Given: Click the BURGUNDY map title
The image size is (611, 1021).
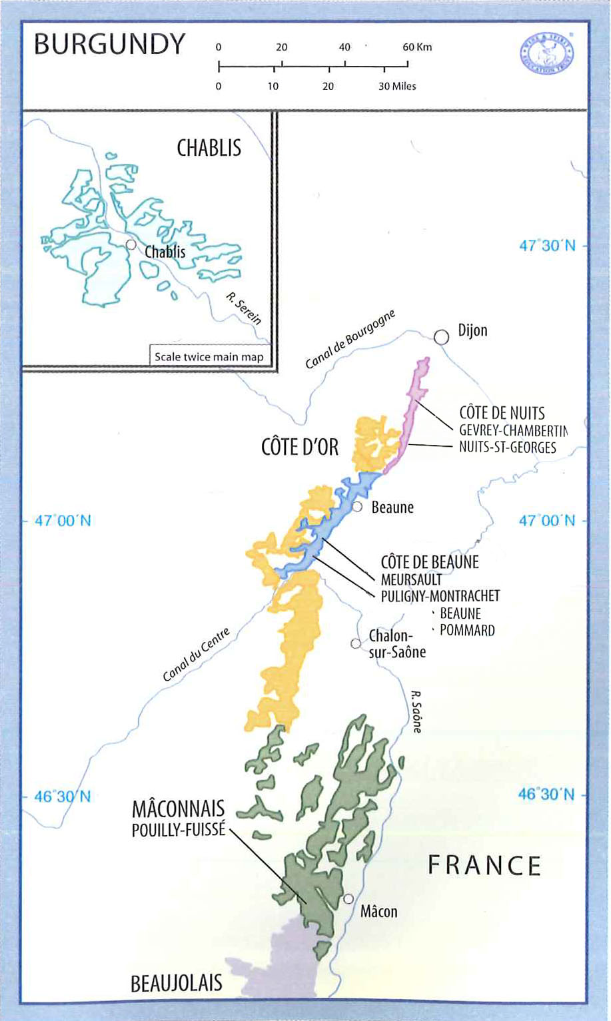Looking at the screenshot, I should point(109,44).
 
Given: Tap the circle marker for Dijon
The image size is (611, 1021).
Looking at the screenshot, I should point(441,337).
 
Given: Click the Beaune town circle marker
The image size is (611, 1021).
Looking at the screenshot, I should point(357,508).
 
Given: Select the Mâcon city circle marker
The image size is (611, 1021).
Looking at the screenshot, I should point(348,899).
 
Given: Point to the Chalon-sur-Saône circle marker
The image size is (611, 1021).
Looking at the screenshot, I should point(356,643).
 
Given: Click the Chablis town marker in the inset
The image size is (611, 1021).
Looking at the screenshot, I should point(131,244).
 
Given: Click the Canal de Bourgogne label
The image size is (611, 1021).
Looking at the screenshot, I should point(350,339).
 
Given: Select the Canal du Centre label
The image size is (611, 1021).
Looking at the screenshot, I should point(196,655).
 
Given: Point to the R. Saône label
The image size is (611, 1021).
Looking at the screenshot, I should point(416,711).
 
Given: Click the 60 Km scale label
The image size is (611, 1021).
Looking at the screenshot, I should point(417,47).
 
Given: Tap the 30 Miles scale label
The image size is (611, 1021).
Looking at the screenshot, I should point(397,87).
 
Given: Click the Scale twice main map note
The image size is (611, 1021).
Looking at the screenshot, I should point(209,357).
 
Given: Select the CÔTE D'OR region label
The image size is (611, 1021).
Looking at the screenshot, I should point(300,447).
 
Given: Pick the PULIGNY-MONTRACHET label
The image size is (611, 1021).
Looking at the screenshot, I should point(440,596).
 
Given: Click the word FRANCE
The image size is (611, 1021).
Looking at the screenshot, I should point(484,866).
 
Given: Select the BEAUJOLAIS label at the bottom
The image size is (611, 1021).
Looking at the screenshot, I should point(177,984).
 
